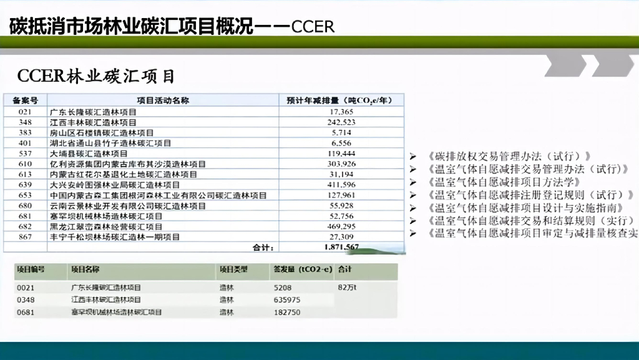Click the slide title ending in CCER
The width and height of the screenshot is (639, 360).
(x=172, y=26)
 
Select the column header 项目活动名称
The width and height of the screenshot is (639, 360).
(x=163, y=100)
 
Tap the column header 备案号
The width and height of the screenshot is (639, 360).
(x=25, y=100)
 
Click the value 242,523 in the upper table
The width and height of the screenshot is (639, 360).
(x=341, y=122)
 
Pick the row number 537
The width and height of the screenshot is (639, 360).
(x=25, y=153)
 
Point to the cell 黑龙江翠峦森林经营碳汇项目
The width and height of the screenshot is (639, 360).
(x=106, y=226)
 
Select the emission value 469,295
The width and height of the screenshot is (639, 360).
(x=341, y=226)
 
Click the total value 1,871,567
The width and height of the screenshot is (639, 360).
(x=341, y=247)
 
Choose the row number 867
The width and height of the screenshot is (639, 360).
(x=25, y=237)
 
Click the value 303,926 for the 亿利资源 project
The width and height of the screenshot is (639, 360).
(x=341, y=164)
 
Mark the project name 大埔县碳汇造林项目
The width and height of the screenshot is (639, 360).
(x=89, y=153)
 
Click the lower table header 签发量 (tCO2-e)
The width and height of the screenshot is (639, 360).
(x=302, y=270)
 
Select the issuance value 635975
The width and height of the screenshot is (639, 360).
(x=287, y=300)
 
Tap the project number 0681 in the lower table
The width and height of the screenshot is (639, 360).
(x=26, y=312)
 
